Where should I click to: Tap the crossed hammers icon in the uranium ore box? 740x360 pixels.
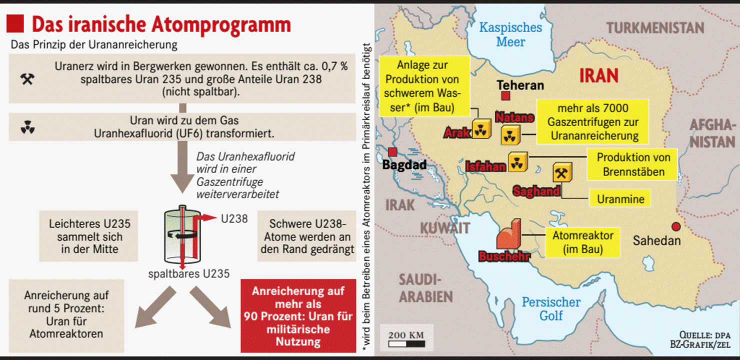27,78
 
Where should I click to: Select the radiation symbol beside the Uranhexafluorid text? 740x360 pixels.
27,128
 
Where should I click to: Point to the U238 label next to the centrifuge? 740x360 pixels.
234,218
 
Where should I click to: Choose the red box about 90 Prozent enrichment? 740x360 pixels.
298,316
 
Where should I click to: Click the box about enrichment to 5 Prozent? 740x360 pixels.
66,315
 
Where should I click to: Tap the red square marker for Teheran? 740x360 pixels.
505,95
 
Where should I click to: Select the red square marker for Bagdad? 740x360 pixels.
392,151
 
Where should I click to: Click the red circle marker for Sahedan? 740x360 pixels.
676,226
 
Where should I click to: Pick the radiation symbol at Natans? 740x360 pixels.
510,135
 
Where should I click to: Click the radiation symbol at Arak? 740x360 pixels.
481,129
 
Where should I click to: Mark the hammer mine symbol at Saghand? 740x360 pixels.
561,173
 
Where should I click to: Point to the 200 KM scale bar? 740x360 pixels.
406,343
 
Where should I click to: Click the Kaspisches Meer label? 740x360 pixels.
510,34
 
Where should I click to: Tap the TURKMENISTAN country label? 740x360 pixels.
655,28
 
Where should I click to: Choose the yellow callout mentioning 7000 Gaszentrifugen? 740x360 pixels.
592,122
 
